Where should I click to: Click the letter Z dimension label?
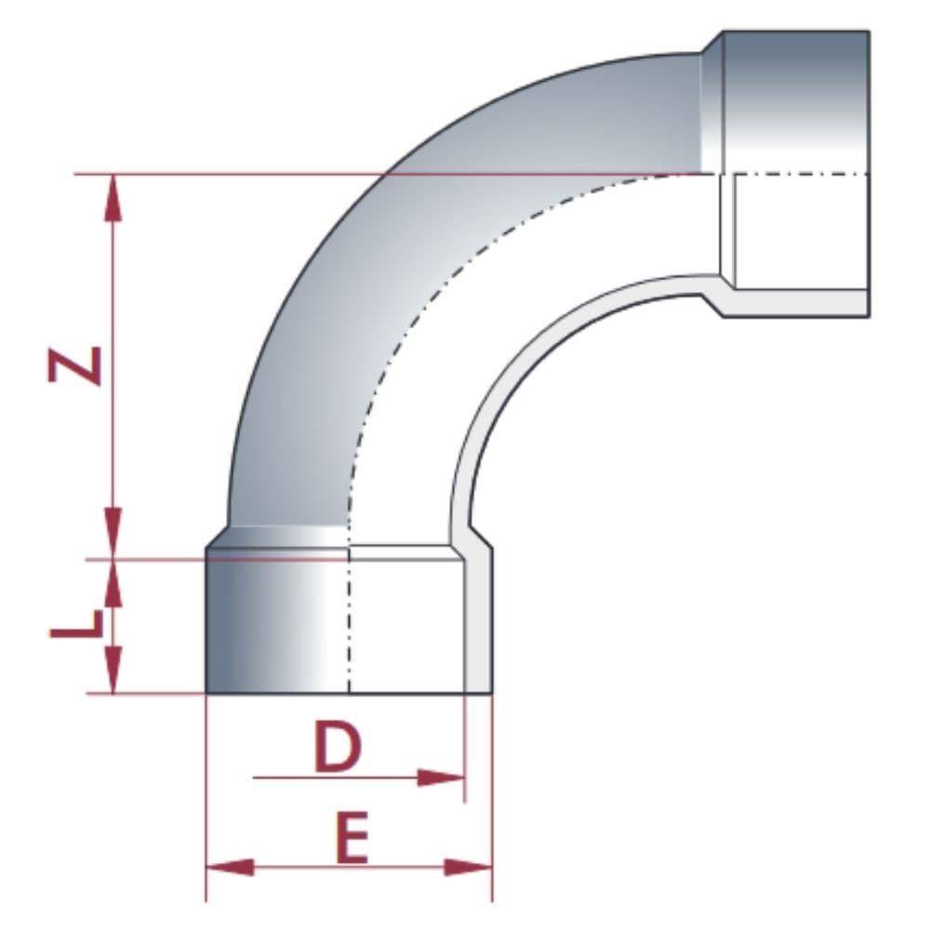point(74,365)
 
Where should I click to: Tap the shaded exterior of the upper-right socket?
point(795,102)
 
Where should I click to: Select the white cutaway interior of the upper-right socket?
point(800,232)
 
